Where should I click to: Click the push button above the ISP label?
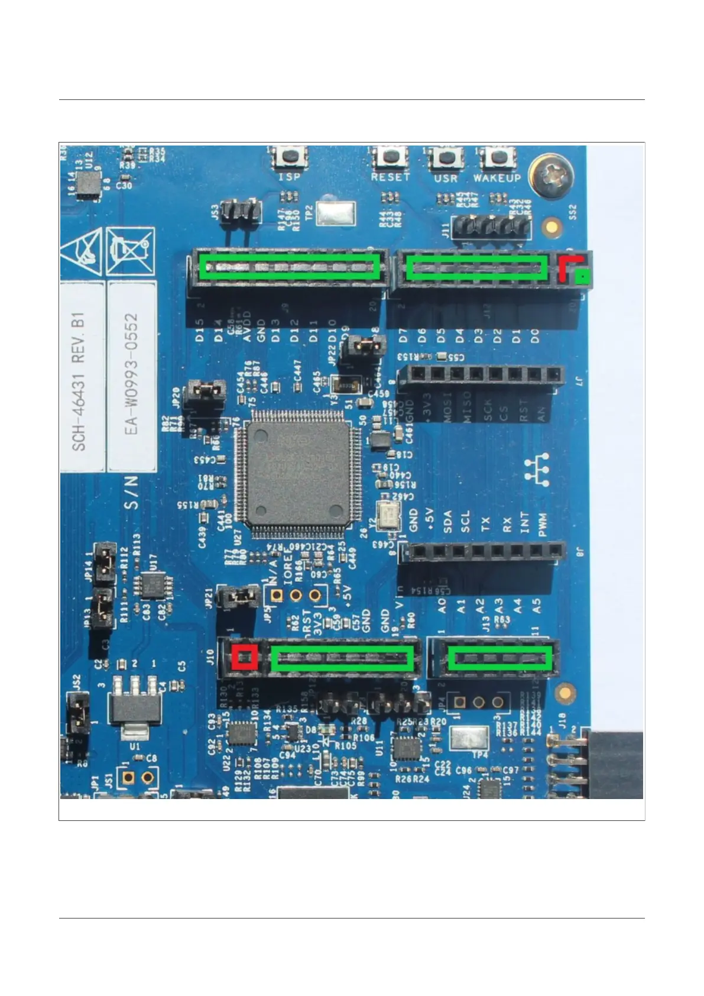coord(290,157)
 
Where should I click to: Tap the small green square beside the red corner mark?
coord(583,276)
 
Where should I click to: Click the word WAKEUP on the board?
coord(497,177)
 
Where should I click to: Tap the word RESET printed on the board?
coord(390,177)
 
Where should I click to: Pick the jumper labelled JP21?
coord(239,598)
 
